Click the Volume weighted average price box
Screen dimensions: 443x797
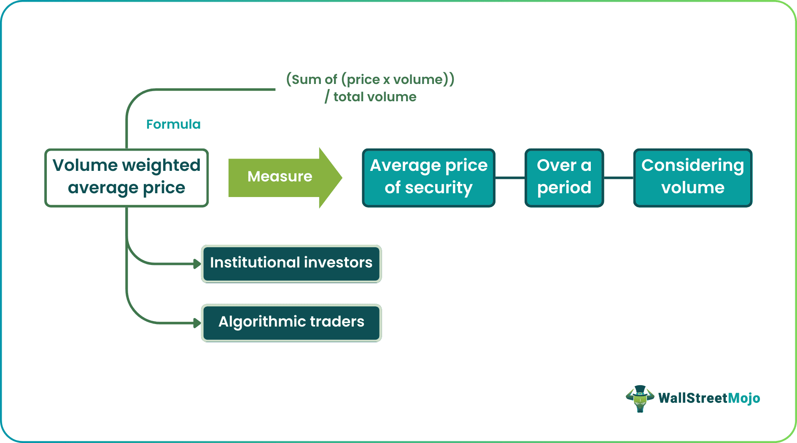pyautogui.click(x=127, y=178)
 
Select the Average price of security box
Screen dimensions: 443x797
pyautogui.click(x=428, y=178)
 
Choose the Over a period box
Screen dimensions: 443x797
pyautogui.click(x=564, y=178)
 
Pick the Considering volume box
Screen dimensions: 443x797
pyautogui.click(x=693, y=178)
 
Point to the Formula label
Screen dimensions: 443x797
pyautogui.click(x=173, y=124)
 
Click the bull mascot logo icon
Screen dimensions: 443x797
pyautogui.click(x=640, y=398)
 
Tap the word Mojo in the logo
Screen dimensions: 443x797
pyautogui.click(x=744, y=398)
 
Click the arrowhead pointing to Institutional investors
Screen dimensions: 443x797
pyautogui.click(x=197, y=264)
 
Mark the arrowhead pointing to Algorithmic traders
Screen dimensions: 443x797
pyautogui.click(x=197, y=323)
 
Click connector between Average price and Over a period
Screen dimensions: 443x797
pyautogui.click(x=510, y=178)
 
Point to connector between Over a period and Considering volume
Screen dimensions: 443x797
pyautogui.click(x=619, y=178)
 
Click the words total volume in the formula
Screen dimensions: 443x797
pyautogui.click(x=375, y=97)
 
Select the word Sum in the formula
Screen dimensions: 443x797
pyautogui.click(x=306, y=80)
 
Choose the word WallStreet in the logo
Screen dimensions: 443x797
pyautogui.click(x=693, y=398)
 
